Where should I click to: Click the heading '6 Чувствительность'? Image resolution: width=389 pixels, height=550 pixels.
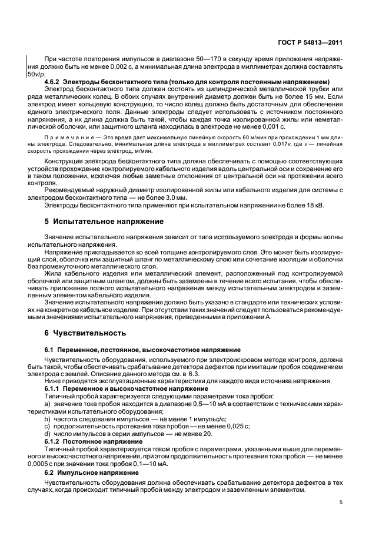pos(78,333)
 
